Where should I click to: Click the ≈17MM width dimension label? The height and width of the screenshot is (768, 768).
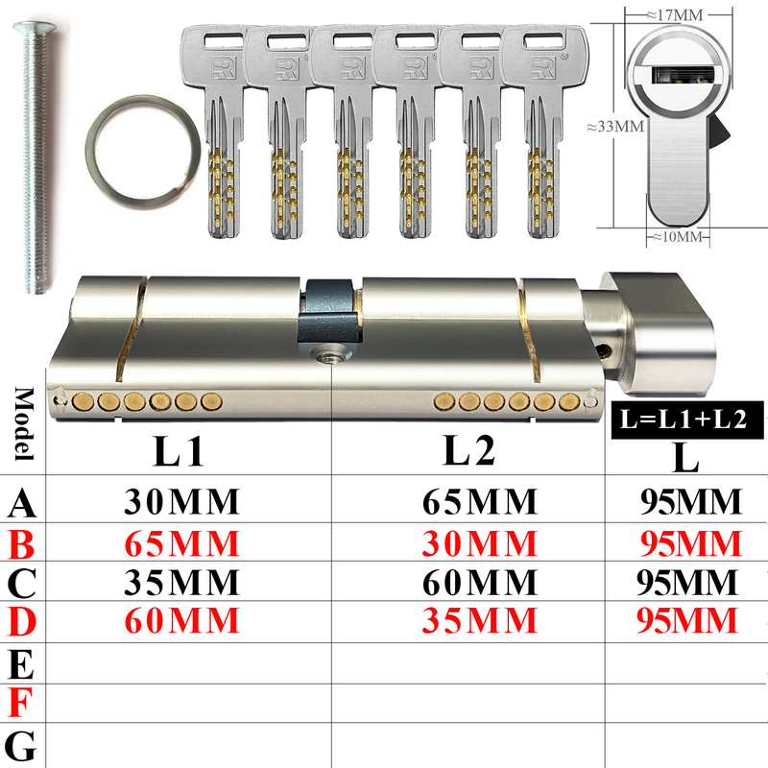click(x=675, y=14)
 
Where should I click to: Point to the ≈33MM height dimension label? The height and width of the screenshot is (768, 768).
click(x=615, y=127)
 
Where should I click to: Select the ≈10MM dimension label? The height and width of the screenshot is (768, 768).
click(x=678, y=237)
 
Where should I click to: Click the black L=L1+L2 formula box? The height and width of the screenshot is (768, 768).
click(x=686, y=420)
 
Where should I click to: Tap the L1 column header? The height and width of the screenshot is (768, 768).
click(x=179, y=451)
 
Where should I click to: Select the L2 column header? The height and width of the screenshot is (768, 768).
click(x=468, y=450)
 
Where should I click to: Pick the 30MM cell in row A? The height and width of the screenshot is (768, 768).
click(x=181, y=501)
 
